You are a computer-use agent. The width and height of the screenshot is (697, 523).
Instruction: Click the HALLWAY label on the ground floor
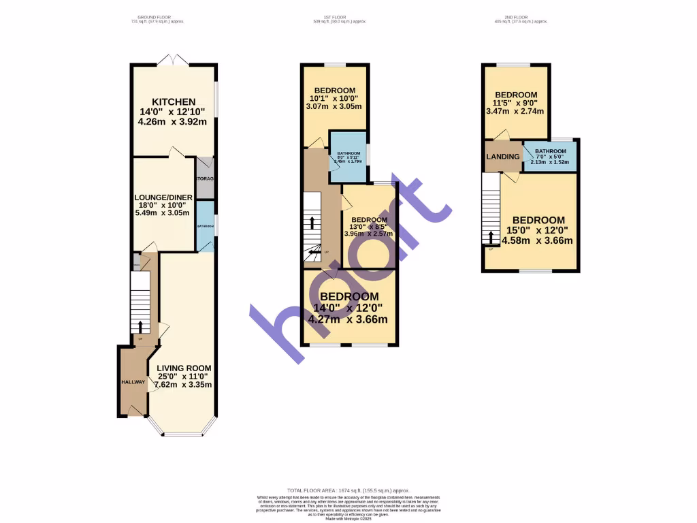pos(133,382)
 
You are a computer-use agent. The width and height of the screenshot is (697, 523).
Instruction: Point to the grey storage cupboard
pos(205,178)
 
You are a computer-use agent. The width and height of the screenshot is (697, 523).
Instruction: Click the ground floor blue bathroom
pos(205,226)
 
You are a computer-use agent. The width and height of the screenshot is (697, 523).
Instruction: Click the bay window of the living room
pos(182,432)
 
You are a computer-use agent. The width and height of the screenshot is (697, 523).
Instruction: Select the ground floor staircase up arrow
pos(140,328)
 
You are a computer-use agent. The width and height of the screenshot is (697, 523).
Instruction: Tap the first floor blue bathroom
pos(348,157)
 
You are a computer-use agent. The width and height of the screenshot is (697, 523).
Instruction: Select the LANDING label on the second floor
pos(502,157)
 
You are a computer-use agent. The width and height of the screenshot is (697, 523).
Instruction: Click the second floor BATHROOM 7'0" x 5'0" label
pos(550,151)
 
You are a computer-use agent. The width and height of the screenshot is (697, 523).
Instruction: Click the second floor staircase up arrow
pos(490,236)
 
